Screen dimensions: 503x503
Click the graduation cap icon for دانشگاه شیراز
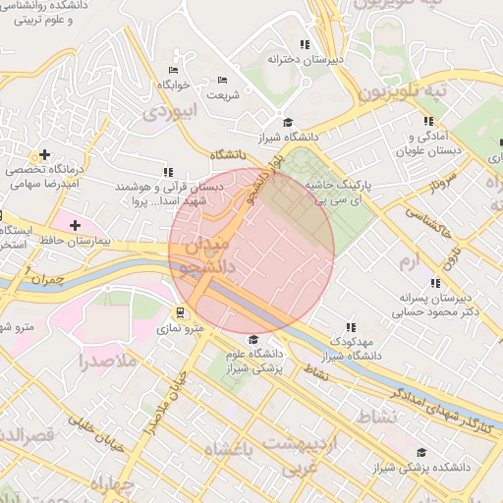[288, 122]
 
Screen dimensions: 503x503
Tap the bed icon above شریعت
[222, 81]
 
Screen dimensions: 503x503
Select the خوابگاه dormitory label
[169, 85]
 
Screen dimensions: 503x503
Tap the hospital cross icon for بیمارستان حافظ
[74, 225]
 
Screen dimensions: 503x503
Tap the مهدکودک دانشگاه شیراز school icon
[350, 327]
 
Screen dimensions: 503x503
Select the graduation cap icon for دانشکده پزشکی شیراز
[421, 453]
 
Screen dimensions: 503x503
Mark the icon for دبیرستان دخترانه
[305, 45]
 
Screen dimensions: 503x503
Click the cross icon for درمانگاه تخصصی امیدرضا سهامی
[42, 155]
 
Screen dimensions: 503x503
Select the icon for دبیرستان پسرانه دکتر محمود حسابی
[435, 283]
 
